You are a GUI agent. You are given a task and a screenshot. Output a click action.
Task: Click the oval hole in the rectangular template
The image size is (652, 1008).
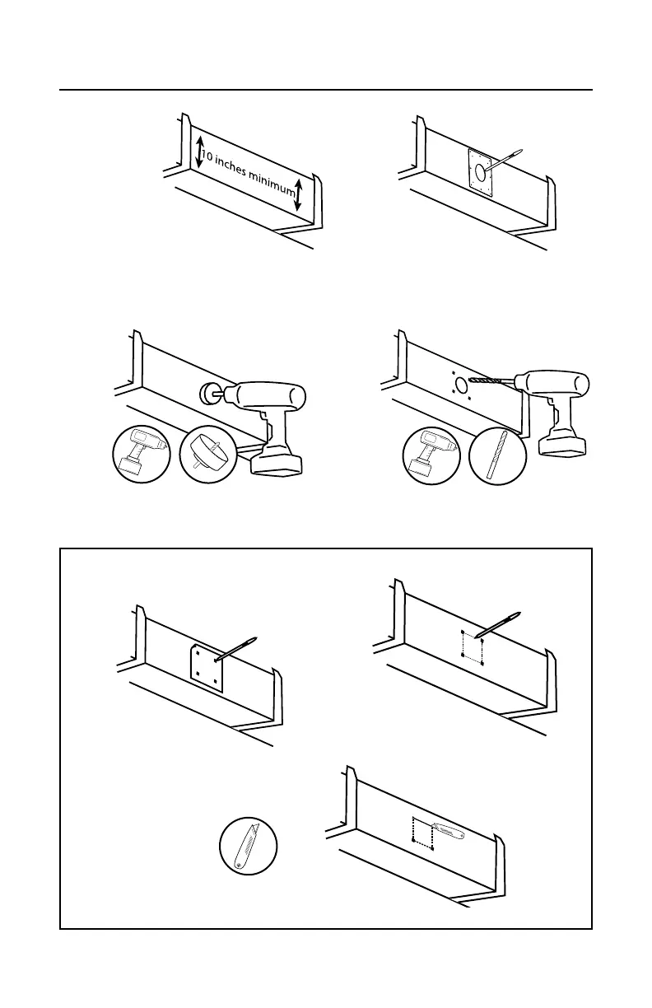coord(477,172)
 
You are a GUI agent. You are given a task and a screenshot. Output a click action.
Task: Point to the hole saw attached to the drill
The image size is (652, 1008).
coord(208,394)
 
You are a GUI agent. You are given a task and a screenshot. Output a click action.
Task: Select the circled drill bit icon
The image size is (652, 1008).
coord(497,455)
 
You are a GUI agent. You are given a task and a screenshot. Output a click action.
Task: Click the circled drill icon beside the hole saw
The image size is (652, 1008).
coord(141,455)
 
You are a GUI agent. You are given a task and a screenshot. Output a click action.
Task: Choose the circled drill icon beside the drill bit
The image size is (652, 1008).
coord(432,455)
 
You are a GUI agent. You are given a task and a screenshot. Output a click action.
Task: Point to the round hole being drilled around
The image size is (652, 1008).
coord(459,383)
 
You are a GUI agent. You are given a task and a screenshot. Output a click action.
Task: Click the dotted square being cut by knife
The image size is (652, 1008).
coord(422,832)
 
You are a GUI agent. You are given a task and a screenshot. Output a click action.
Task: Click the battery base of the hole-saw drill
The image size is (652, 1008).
coord(278,462)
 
